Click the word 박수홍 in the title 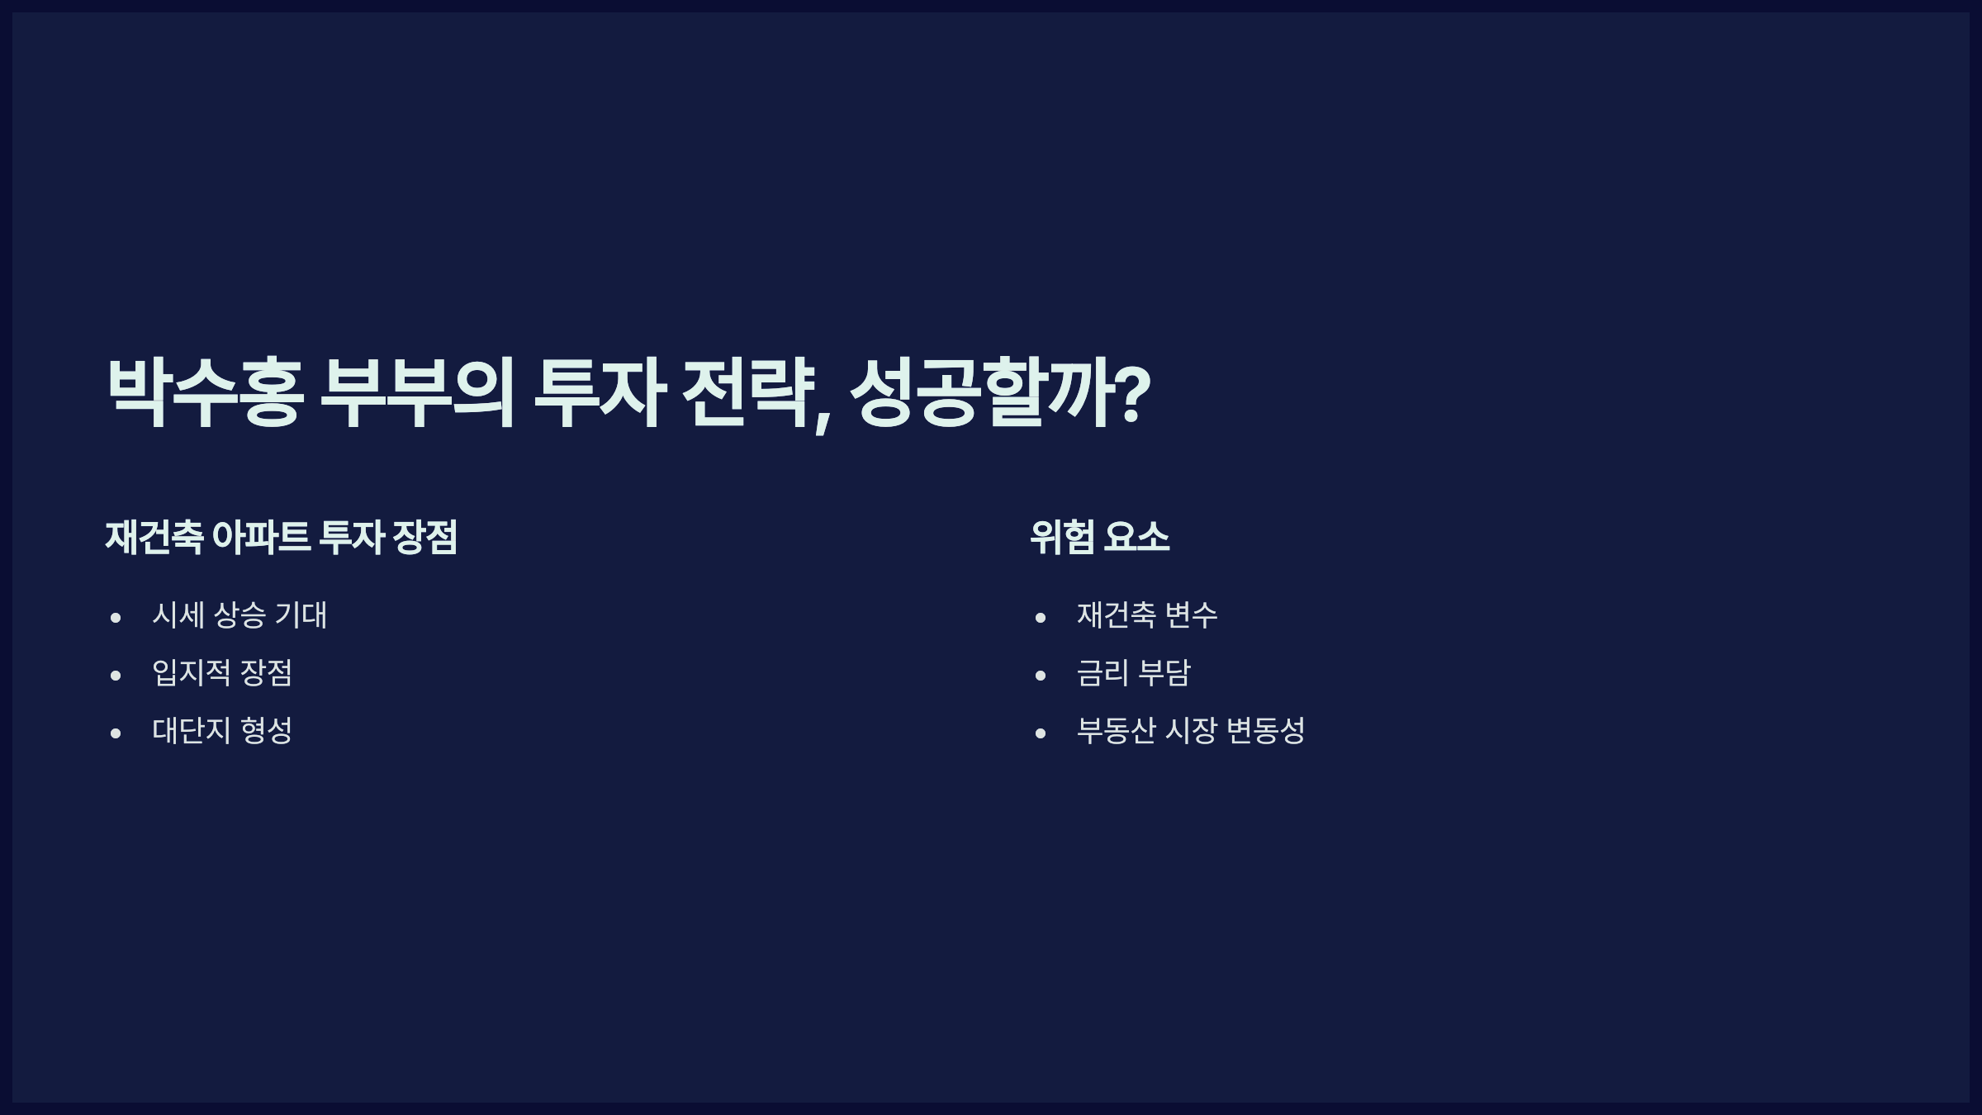(x=205, y=392)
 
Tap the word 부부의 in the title (x=417, y=392)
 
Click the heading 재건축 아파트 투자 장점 (x=281, y=537)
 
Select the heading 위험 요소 (x=1099, y=537)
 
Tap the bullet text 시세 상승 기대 (x=239, y=615)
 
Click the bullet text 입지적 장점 (x=222, y=673)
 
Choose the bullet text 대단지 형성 (x=222, y=731)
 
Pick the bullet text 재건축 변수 (x=1147, y=615)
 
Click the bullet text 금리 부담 (x=1133, y=673)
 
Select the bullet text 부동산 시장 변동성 (x=1190, y=731)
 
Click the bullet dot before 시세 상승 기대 (x=116, y=618)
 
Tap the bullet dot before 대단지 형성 (x=116, y=733)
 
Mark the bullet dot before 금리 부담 (x=1041, y=676)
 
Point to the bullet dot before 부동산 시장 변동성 (x=1041, y=733)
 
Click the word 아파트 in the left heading (x=261, y=537)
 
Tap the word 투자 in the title (x=600, y=392)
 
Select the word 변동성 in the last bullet (x=1265, y=731)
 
